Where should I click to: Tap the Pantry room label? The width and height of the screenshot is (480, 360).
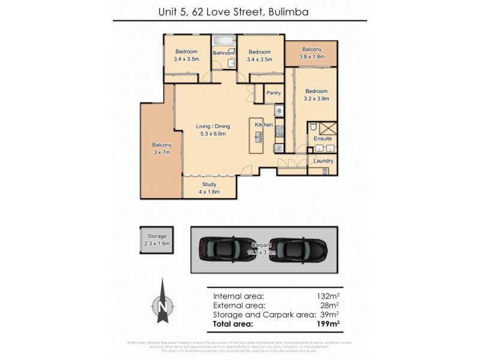click(x=274, y=93)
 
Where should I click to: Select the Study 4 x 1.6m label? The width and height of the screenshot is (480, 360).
click(x=209, y=188)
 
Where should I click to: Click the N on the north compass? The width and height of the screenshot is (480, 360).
click(x=162, y=307)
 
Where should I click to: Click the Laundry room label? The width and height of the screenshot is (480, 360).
click(x=323, y=161)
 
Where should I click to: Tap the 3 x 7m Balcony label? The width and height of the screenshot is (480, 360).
click(x=161, y=149)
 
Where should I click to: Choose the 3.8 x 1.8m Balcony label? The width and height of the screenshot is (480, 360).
click(x=311, y=53)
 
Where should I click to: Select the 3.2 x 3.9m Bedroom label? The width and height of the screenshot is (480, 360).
click(x=317, y=95)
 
